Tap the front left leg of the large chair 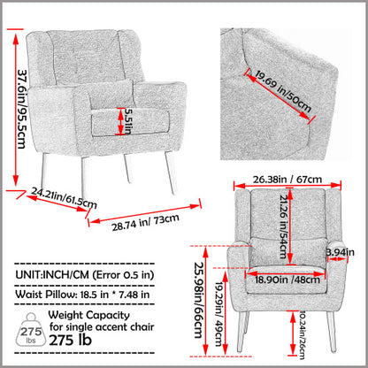point(86,178)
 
